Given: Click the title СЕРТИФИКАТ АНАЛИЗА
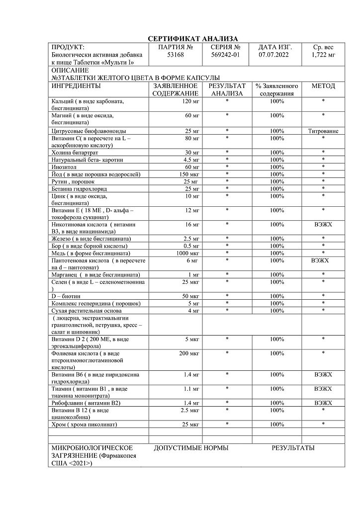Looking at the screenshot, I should (193, 39).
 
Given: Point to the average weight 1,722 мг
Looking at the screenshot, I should (323, 55).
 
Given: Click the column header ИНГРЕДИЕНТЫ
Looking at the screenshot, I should (76, 86).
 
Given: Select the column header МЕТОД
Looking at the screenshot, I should (323, 86).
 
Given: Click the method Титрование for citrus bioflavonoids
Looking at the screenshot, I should (323, 131).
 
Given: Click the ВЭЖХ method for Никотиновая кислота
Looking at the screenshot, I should (323, 225).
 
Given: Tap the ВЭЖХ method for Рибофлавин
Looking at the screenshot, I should (323, 403).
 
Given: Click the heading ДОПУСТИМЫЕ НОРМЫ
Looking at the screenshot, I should (191, 448).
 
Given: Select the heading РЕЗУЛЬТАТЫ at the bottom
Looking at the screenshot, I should (293, 448).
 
